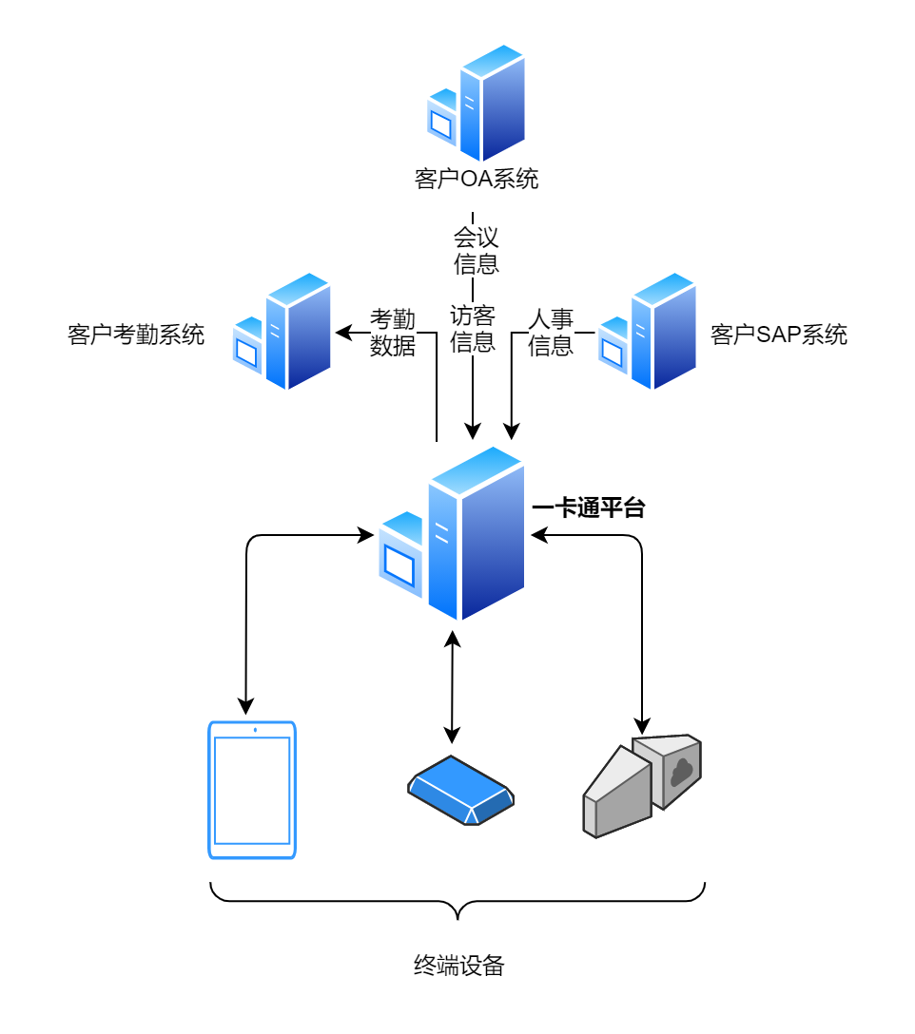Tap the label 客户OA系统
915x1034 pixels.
tap(477, 179)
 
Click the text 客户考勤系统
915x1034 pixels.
tap(136, 335)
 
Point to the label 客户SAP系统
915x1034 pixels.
tap(778, 335)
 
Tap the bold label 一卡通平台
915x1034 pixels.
tap(589, 509)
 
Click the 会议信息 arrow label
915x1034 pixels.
tap(476, 250)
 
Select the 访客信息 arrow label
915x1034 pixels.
tap(473, 328)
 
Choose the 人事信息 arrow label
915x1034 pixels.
tap(551, 332)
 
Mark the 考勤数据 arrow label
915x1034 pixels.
tap(393, 332)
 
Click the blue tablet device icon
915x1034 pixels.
tap(252, 790)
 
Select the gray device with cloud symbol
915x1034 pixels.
tap(642, 785)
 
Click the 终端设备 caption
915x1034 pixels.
tap(458, 967)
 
